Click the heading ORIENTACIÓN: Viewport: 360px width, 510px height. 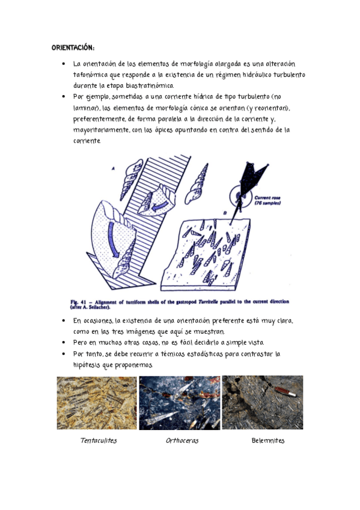73,48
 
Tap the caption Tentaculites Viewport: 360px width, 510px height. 99,440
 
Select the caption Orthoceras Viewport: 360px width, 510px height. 182,440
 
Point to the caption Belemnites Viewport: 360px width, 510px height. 268,440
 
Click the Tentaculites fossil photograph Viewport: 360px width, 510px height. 97,403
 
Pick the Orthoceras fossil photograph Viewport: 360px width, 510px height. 180,403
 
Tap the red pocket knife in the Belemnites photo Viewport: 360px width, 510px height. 285,392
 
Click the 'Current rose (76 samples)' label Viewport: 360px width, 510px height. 267,200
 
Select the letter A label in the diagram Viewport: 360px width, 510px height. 113,168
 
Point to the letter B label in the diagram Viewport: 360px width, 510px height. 225,213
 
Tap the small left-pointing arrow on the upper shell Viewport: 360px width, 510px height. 160,206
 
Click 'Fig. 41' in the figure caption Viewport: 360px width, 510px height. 79,302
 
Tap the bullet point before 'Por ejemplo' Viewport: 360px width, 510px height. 63,97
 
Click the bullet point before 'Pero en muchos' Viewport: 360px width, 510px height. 63,342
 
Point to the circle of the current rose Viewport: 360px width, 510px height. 230,197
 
